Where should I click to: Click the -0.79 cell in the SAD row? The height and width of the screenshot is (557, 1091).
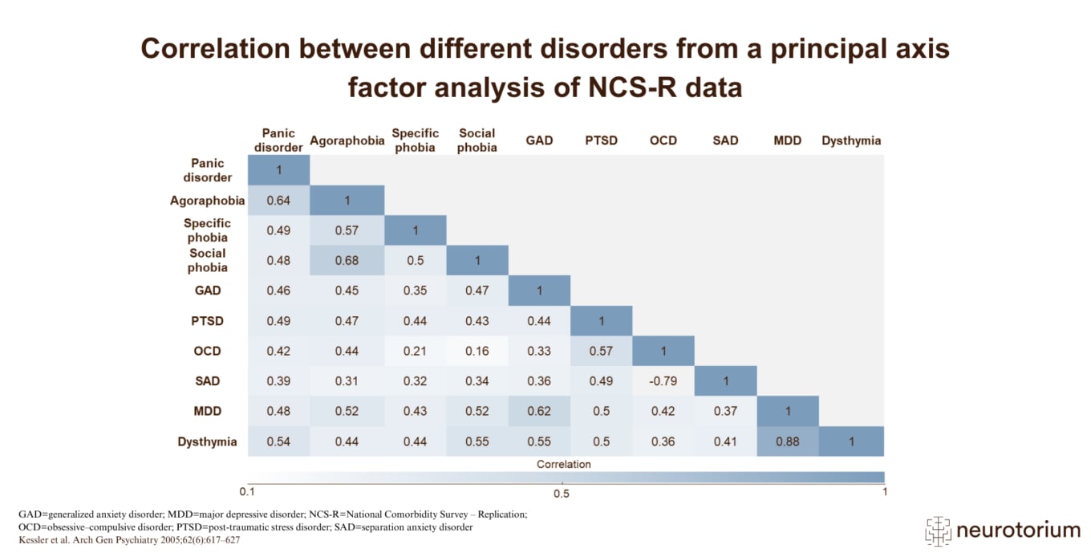click(x=663, y=381)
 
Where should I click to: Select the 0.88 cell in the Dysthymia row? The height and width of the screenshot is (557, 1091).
click(x=788, y=441)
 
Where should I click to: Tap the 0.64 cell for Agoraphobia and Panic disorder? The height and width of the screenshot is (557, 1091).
click(x=278, y=201)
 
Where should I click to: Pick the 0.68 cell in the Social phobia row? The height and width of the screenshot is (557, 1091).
click(x=347, y=261)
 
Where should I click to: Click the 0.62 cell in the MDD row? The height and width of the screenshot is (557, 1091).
click(x=539, y=411)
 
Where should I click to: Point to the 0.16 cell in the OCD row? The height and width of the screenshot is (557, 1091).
click(x=477, y=351)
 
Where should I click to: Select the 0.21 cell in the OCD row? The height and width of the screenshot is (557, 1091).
click(x=416, y=351)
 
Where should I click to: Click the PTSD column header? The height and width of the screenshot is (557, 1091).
click(x=601, y=140)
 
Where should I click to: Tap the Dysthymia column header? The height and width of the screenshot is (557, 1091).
click(x=851, y=140)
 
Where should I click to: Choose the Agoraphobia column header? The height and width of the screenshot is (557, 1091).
click(x=347, y=140)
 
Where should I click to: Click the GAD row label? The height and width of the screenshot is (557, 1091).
click(x=208, y=291)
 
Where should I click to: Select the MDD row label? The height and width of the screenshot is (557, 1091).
click(x=207, y=411)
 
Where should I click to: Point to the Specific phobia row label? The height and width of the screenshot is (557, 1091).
click(x=207, y=230)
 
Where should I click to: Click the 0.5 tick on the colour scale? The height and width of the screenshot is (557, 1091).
click(x=562, y=491)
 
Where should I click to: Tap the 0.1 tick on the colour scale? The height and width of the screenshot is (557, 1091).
click(x=248, y=491)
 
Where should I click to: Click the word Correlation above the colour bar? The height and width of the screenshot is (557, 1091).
click(x=563, y=464)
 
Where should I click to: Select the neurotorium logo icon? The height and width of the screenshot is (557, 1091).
click(x=938, y=530)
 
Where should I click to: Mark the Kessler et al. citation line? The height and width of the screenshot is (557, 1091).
click(x=129, y=540)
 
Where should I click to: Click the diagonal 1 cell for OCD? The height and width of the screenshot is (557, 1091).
click(x=663, y=351)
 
